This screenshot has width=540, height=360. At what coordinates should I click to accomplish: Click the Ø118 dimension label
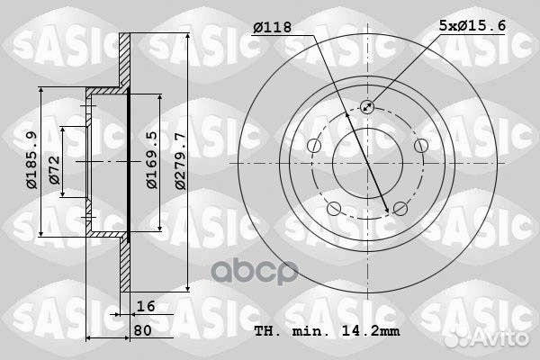pyautogui.click(x=274, y=28)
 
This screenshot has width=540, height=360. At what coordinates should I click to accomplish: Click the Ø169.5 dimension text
pyautogui.click(x=152, y=161)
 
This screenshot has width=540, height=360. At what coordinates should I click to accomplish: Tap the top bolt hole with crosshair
pyautogui.click(x=367, y=108)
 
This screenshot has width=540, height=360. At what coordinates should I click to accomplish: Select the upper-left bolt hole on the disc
pyautogui.click(x=313, y=147)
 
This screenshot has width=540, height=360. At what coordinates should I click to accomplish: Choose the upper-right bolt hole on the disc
pyautogui.click(x=420, y=147)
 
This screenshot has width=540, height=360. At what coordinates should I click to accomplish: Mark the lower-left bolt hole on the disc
pyautogui.click(x=334, y=210)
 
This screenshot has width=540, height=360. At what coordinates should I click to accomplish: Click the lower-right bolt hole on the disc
pyautogui.click(x=400, y=210)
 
